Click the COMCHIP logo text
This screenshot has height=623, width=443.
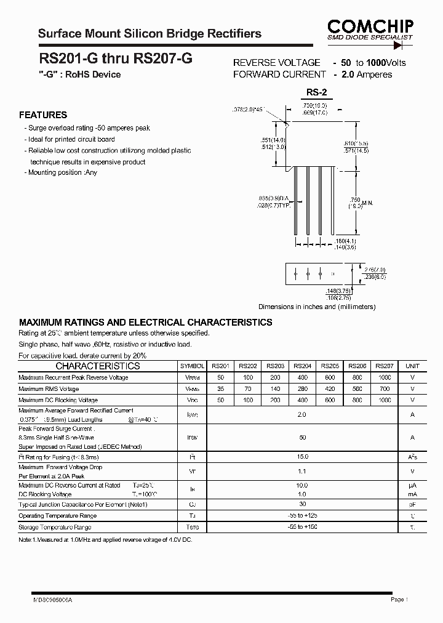pyautogui.click(x=370, y=25)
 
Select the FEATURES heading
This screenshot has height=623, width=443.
pyautogui.click(x=43, y=115)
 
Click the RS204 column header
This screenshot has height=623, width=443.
pyautogui.click(x=302, y=366)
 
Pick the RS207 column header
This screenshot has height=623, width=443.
pyautogui.click(x=385, y=366)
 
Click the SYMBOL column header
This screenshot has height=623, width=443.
pyautogui.click(x=192, y=366)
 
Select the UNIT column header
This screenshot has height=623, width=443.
pyautogui.click(x=412, y=366)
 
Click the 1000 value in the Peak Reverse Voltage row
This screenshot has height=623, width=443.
pyautogui.click(x=385, y=377)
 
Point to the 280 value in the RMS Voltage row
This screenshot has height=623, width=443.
pyautogui.click(x=302, y=389)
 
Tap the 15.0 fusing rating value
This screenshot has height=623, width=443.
pyautogui.click(x=301, y=458)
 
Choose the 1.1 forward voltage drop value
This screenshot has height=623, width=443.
pyautogui.click(x=301, y=472)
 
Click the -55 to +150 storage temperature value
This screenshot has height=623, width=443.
pyautogui.click(x=301, y=527)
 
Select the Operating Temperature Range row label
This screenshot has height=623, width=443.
pyautogui.click(x=57, y=516)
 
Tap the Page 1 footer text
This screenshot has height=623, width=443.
pyautogui.click(x=399, y=599)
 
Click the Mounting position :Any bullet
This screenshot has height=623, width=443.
pyautogui.click(x=62, y=173)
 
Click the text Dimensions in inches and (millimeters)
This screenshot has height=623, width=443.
pyautogui.click(x=316, y=307)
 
